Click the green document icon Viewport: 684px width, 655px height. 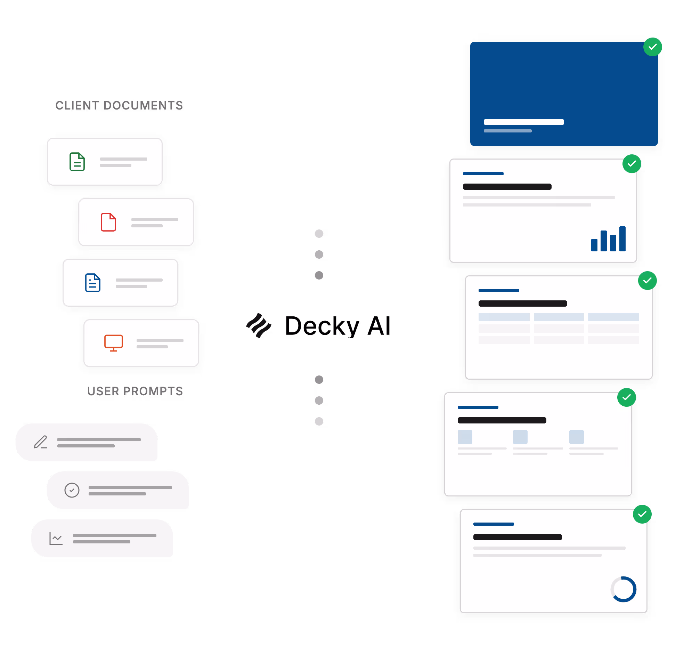pos(77,162)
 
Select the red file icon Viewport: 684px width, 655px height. pos(108,222)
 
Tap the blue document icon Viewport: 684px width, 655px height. pos(93,282)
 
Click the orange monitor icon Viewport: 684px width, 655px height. pos(113,342)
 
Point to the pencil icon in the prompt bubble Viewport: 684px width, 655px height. pos(40,442)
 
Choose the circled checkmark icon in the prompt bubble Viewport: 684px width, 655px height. pos(72,490)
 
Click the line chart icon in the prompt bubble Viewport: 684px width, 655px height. pos(56,538)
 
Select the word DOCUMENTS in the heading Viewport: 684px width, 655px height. pos(143,105)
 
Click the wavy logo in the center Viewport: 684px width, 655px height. pos(259,325)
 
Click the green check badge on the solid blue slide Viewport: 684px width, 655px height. pos(653,47)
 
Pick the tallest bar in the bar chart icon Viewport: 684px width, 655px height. pos(622,239)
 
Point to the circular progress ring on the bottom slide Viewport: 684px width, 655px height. pos(623,589)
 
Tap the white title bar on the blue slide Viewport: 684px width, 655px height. pos(523,122)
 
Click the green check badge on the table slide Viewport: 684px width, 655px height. pos(648,280)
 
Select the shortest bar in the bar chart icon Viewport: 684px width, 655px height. pos(594,245)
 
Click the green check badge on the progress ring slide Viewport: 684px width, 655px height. pos(642,514)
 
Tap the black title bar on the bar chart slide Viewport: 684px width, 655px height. pos(507,187)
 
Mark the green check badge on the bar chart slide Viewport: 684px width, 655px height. pos(632,163)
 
